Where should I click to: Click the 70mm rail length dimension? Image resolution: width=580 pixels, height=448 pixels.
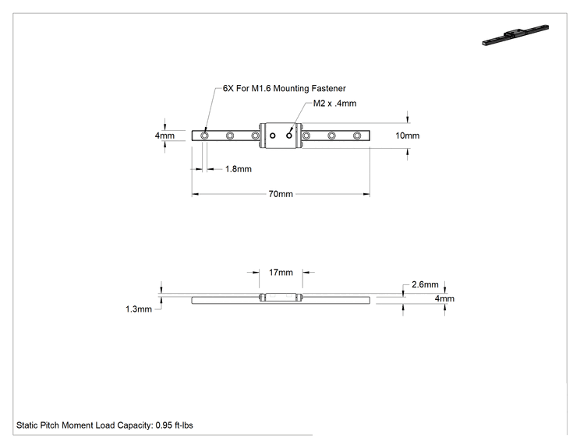point(281,194)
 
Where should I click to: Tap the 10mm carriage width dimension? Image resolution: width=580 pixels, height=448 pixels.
point(407,136)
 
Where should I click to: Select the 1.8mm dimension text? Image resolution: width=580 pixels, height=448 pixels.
point(239,169)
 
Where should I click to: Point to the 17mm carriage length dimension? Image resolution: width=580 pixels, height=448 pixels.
point(281,273)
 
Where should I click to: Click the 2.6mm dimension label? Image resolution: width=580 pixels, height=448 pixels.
point(425,284)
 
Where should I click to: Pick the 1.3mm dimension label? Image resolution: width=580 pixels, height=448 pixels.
point(139,309)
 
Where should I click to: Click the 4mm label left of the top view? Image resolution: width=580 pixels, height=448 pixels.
point(164,136)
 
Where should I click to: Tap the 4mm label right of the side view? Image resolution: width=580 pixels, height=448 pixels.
point(444,298)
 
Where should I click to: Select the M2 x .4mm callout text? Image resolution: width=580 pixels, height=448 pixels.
point(334,104)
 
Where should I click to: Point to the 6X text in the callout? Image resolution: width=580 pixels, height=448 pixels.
point(228,88)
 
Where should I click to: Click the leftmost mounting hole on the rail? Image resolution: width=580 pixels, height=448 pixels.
point(204,136)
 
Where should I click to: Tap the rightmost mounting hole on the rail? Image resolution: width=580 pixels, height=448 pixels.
point(357,136)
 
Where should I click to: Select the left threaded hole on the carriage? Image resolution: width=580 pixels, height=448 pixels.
point(273,136)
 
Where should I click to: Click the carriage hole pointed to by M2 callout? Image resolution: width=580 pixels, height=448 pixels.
point(289,136)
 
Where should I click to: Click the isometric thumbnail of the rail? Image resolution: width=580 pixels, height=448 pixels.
point(515,35)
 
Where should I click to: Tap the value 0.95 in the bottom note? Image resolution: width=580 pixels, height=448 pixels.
point(164,425)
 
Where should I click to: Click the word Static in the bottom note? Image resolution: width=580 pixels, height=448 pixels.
point(27,425)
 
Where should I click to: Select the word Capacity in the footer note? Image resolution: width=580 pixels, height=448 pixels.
point(135,425)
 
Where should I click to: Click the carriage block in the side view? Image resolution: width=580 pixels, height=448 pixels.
point(281,297)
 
